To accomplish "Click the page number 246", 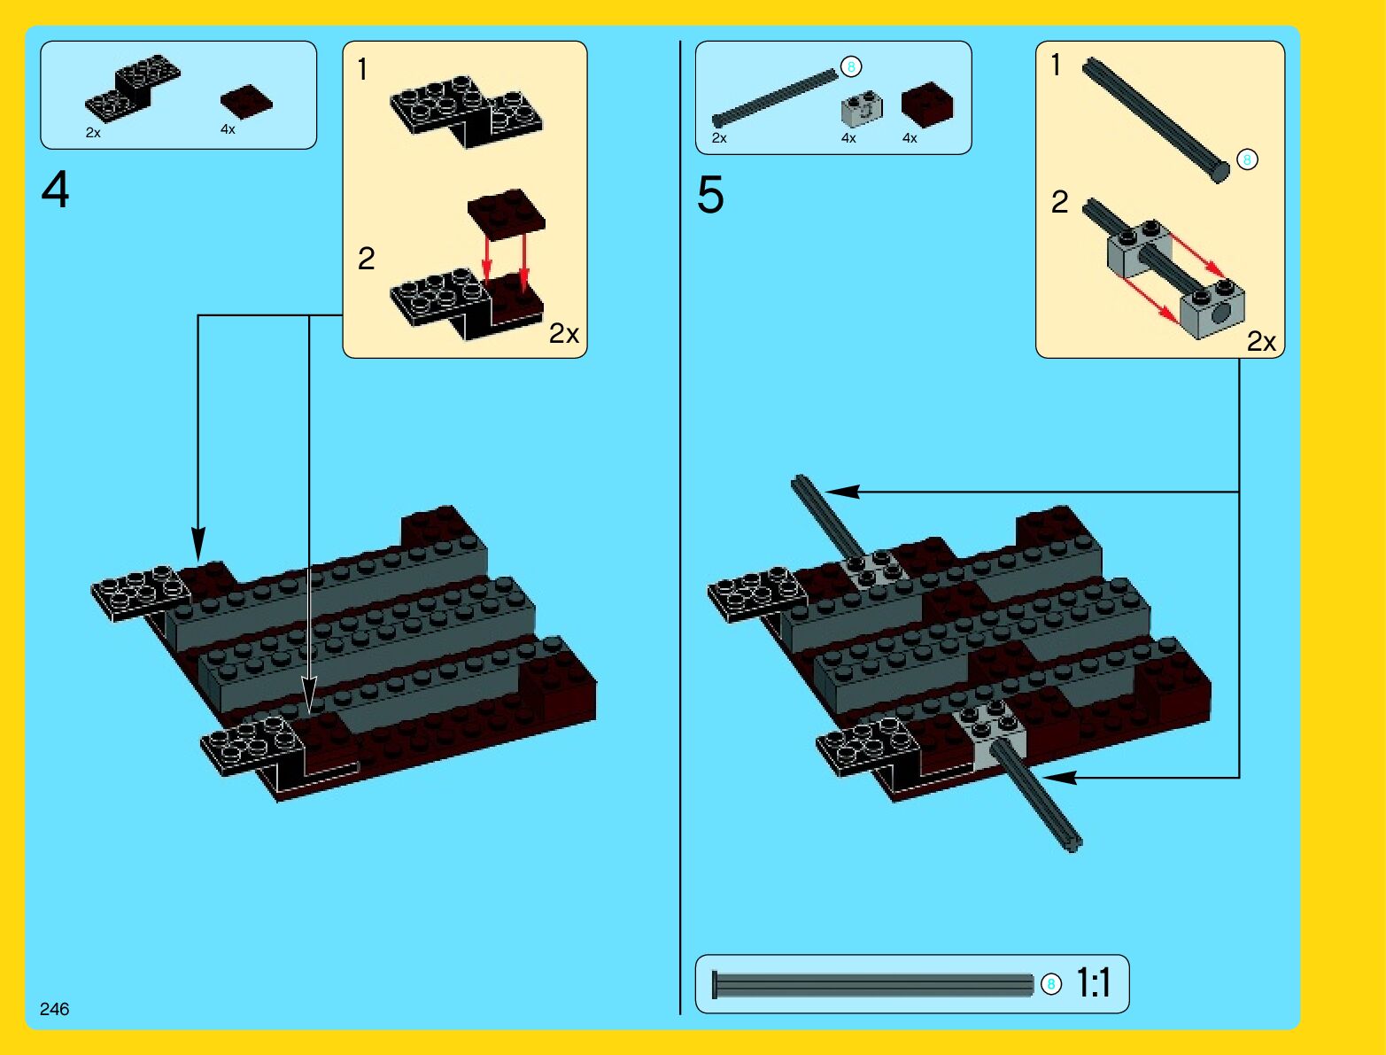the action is (54, 1009).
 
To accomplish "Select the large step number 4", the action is (55, 190).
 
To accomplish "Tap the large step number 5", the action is (710, 195).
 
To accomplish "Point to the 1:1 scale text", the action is (1093, 983).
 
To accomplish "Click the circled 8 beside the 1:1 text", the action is (1051, 984).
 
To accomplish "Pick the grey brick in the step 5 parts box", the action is (862, 109).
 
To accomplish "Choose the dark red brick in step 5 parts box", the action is (926, 105).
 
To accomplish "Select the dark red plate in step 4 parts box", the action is (246, 102).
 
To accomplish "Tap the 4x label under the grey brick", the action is (848, 138).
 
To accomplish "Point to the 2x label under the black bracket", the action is (93, 133).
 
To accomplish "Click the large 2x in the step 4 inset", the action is (564, 333).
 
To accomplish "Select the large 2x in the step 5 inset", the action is (1262, 342).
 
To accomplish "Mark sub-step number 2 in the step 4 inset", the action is (367, 259).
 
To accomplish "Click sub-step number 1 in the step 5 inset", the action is (1056, 65).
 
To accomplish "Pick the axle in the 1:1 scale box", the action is (872, 985).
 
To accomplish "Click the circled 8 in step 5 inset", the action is (1247, 159).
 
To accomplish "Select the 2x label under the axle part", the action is (719, 138).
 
